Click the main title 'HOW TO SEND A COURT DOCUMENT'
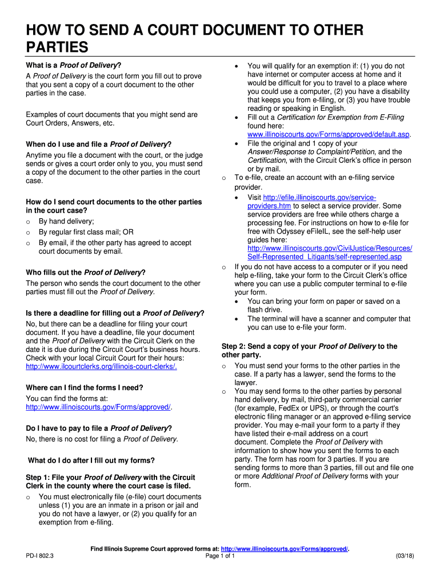point(194,31)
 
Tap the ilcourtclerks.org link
point(101,366)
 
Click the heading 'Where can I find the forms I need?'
point(85,387)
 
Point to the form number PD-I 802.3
point(44,556)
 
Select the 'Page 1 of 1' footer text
point(220,556)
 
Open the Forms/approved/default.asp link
point(330,134)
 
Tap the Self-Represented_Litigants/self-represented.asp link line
point(324,257)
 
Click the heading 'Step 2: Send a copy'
point(309,346)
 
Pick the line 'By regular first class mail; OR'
point(86,232)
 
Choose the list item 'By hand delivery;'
point(66,221)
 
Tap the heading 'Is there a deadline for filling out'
point(115,313)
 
